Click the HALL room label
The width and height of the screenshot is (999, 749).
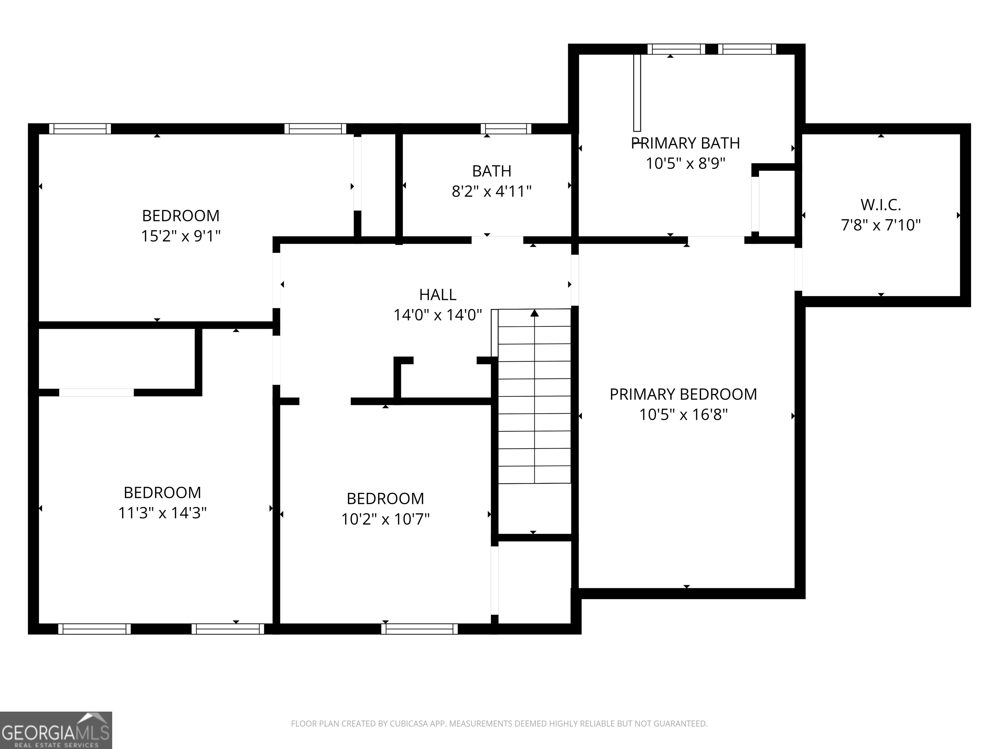[x=438, y=295]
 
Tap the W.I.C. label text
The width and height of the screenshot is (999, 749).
[x=881, y=205]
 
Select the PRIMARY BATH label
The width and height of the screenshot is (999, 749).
[x=685, y=143]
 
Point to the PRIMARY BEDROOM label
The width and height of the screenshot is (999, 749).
[x=683, y=394]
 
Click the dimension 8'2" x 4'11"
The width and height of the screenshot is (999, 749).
[x=491, y=191]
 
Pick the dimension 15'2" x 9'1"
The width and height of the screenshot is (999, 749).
[x=181, y=236]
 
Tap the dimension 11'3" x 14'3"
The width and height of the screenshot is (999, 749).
[x=162, y=513]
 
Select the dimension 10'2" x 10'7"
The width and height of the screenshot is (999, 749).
[x=385, y=519]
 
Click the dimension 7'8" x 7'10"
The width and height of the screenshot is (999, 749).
[x=881, y=225]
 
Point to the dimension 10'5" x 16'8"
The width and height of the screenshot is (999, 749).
[x=683, y=414]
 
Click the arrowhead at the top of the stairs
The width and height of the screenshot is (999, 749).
[x=535, y=313]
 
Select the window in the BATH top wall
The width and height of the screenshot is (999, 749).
[x=506, y=129]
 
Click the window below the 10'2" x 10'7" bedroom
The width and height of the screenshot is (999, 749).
[x=420, y=629]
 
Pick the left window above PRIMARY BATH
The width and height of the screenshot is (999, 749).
[x=676, y=49]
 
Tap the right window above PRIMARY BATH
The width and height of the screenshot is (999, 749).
[x=747, y=49]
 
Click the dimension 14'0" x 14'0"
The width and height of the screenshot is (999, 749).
[x=438, y=315]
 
